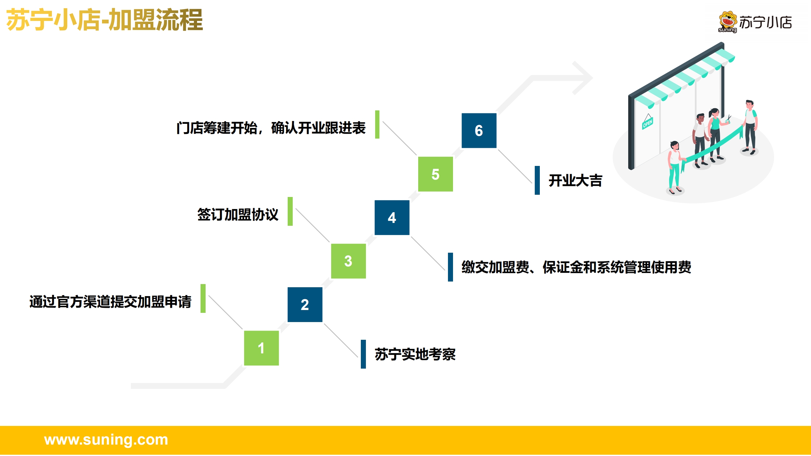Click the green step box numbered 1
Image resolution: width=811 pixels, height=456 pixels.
pos(261,348)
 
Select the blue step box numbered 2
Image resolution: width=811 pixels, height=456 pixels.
pos(305,305)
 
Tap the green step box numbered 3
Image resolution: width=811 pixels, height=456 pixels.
pos(348,261)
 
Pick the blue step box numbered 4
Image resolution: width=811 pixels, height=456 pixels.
pos(392,218)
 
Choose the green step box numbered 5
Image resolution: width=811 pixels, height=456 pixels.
pos(436,174)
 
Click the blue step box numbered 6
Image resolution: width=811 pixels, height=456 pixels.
pos(479,130)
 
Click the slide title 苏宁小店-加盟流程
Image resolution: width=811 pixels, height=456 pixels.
pos(105,20)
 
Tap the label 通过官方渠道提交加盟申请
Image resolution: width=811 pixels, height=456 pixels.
pos(110,301)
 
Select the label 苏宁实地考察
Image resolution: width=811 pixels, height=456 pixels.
pos(415,354)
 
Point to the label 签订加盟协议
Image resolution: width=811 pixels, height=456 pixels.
pos(238,214)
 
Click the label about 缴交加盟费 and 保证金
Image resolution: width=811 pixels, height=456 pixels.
pos(576,267)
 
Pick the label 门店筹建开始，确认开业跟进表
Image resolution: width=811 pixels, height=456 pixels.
pos(271,128)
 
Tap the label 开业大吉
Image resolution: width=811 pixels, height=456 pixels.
pos(575,180)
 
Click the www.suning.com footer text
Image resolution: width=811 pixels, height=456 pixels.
pos(106,440)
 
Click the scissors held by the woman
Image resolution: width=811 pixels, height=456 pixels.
pos(728,119)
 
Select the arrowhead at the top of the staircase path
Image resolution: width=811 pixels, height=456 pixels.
pos(582,78)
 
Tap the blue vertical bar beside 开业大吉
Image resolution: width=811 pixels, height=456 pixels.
pos(537,180)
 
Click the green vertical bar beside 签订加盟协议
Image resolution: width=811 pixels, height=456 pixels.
pos(290,211)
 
